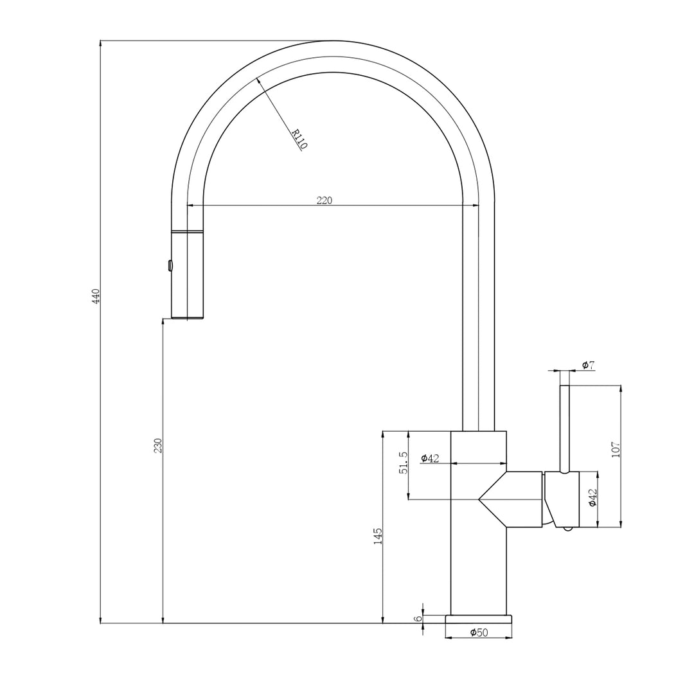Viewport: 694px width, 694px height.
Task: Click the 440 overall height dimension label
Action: point(96,296)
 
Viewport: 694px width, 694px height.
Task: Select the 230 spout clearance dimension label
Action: point(157,445)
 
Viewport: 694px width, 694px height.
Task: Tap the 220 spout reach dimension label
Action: point(325,200)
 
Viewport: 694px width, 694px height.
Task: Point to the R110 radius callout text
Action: point(299,139)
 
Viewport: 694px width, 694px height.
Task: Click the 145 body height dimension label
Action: point(378,536)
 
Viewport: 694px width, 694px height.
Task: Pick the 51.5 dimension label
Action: point(403,463)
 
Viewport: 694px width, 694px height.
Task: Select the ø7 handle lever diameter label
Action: point(588,365)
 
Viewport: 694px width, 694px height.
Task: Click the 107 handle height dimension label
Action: point(616,449)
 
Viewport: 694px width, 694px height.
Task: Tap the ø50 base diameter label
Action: point(479,633)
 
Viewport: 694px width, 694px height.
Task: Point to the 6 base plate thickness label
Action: point(418,619)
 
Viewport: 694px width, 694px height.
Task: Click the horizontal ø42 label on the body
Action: point(430,458)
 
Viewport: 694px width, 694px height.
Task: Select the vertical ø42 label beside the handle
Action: point(592,497)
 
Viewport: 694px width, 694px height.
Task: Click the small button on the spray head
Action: point(170,265)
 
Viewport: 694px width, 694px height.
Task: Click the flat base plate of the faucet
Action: point(478,619)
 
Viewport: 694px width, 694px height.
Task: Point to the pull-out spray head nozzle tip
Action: point(187,316)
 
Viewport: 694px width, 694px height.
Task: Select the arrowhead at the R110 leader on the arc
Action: point(258,80)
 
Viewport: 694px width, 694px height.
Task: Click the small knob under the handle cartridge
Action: point(567,529)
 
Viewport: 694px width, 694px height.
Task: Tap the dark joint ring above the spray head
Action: point(187,231)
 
